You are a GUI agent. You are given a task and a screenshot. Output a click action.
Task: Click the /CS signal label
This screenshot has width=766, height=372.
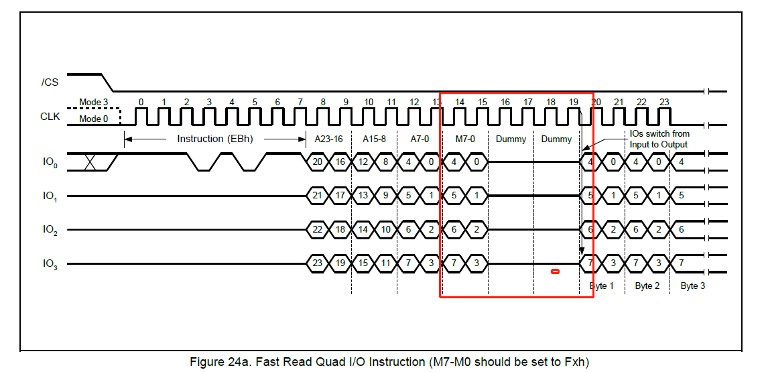[x=50, y=83]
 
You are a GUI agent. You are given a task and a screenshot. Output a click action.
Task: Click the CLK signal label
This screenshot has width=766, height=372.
[x=50, y=117]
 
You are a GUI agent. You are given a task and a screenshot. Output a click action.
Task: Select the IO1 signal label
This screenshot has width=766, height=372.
[x=50, y=196]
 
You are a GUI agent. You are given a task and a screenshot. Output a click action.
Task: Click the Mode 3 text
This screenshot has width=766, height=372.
[x=94, y=103]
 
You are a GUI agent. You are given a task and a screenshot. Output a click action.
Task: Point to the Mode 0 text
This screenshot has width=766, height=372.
[x=94, y=118]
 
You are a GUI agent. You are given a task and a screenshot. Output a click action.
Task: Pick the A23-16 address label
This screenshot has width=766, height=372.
[x=328, y=139]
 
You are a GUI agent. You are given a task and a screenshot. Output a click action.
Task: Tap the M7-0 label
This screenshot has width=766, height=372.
[x=465, y=139]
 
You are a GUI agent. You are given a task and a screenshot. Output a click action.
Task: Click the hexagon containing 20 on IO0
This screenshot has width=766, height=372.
[x=317, y=162]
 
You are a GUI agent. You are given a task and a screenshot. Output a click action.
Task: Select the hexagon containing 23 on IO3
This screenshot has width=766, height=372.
[x=317, y=263]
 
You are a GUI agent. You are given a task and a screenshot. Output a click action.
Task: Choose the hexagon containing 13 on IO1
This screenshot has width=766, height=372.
[x=363, y=196]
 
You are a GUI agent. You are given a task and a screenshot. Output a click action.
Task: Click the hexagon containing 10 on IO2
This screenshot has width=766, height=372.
[x=385, y=229]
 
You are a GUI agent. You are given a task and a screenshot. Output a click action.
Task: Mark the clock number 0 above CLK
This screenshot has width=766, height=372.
[x=141, y=103]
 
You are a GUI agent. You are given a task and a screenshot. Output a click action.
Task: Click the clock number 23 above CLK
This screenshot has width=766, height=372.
[x=664, y=103]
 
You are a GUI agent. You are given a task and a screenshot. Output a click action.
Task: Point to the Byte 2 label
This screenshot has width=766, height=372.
[x=647, y=286]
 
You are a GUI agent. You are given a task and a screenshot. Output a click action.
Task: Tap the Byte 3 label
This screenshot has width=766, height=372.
[x=693, y=286]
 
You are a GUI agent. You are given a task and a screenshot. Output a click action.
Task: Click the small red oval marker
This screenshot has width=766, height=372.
[x=554, y=271]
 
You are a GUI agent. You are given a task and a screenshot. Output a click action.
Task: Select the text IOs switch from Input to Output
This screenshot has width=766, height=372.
[x=659, y=139]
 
